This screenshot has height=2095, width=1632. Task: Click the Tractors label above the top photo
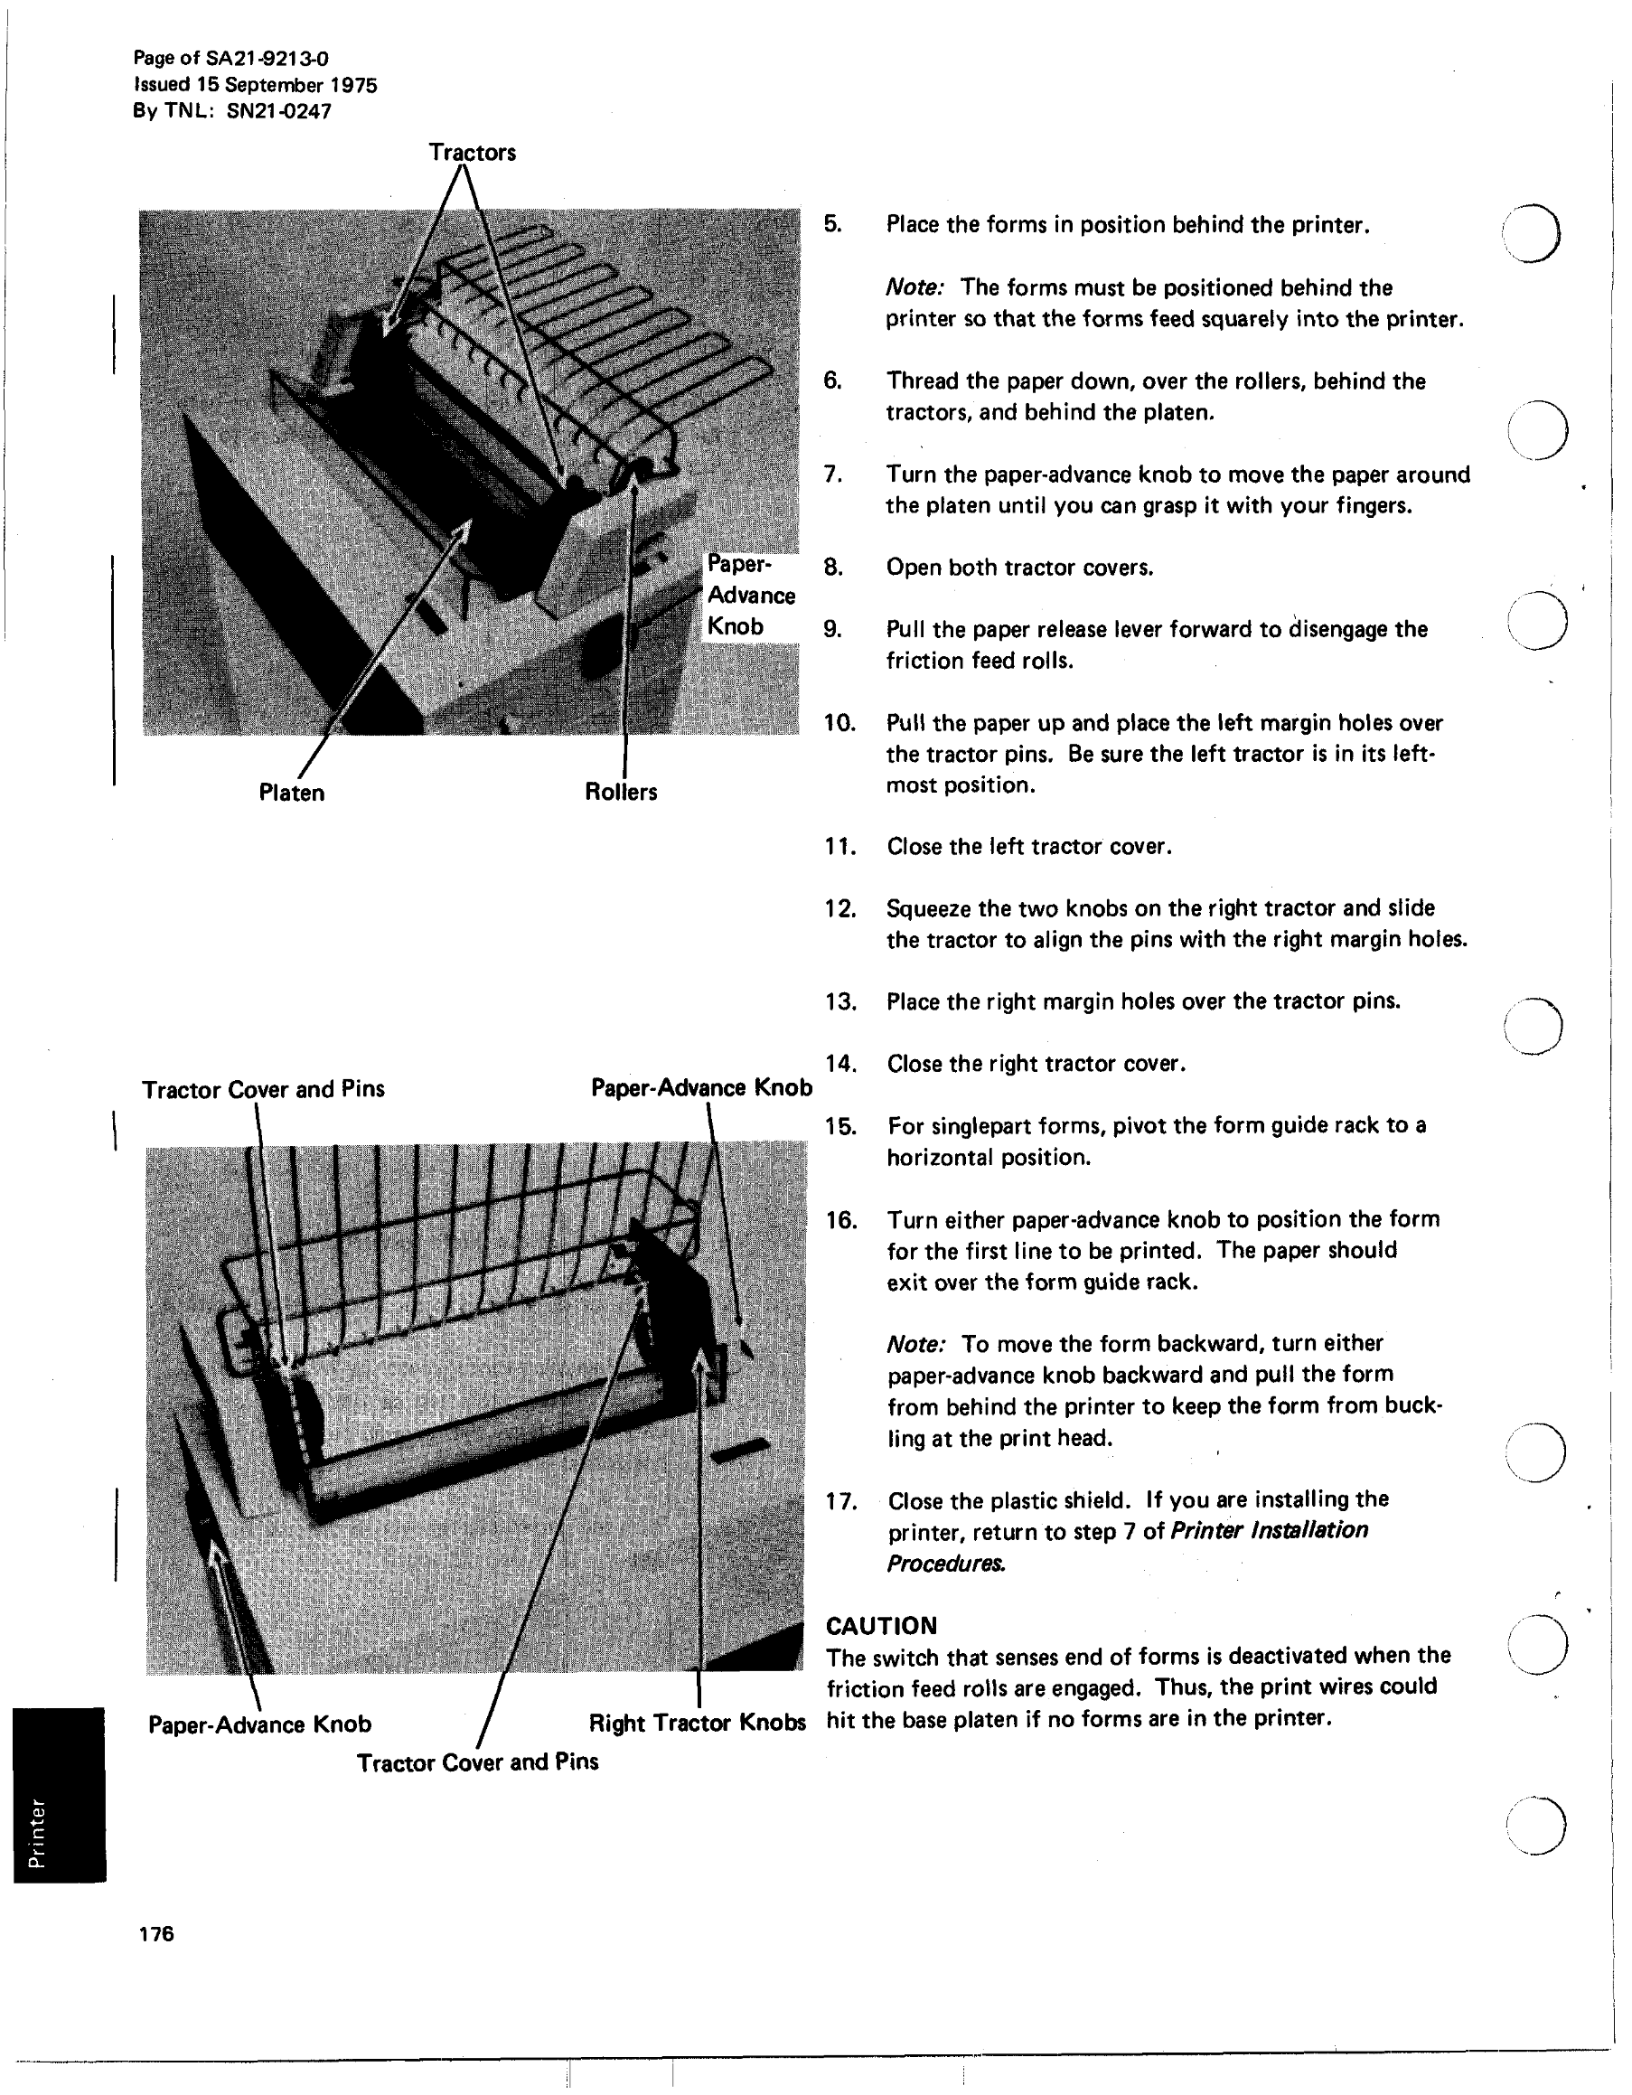tap(472, 153)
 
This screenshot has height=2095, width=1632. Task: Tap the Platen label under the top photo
tap(292, 793)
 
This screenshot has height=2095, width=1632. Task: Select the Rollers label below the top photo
tap(621, 792)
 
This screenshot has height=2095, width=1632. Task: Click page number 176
tap(156, 1933)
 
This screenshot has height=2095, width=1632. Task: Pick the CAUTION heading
tap(881, 1625)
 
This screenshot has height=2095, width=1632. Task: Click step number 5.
tap(832, 224)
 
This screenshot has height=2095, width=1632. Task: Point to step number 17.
tap(841, 1500)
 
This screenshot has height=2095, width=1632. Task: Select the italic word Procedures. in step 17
tap(945, 1564)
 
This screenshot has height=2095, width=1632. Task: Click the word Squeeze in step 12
tap(928, 907)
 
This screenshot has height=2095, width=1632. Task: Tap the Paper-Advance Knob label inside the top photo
tap(751, 595)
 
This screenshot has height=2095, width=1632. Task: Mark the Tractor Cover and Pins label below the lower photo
tap(477, 1761)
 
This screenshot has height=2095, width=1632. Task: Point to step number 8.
tap(832, 567)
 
